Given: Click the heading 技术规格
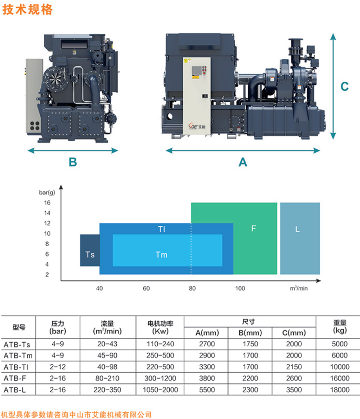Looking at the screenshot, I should (27, 9).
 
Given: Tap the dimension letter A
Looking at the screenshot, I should (243, 162).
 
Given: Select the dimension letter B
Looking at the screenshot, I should (73, 162).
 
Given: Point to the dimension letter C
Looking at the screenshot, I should (344, 86).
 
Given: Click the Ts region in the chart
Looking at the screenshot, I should (90, 255).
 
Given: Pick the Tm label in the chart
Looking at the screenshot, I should (161, 255).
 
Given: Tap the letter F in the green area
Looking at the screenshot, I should (254, 228).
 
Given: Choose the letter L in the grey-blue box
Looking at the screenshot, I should (297, 229).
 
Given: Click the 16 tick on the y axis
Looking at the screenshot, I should (47, 203).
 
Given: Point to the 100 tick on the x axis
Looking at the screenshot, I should (240, 288).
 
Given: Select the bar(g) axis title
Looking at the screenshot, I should (47, 193).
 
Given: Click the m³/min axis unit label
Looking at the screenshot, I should (299, 288).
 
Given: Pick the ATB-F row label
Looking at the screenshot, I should (15, 378).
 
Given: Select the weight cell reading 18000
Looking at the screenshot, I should (340, 390).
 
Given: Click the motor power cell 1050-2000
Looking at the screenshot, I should (160, 390).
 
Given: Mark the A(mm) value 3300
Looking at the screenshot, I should (207, 367).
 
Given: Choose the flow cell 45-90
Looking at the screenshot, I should (107, 355).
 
